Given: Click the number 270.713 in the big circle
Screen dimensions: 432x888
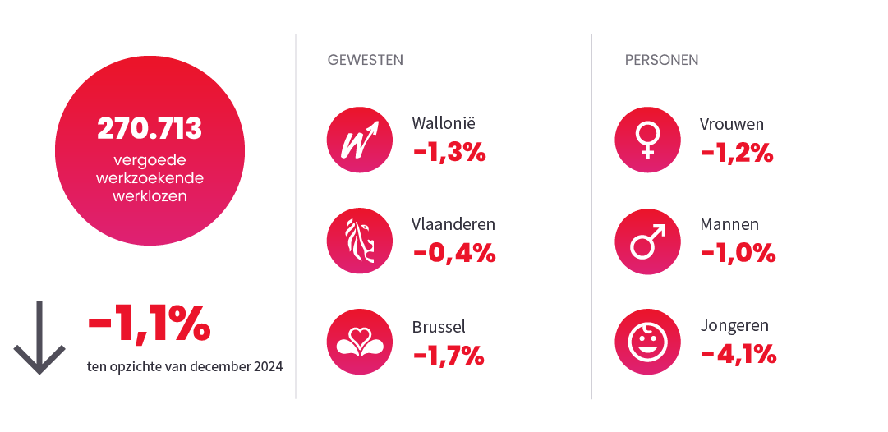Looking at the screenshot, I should (x=150, y=129).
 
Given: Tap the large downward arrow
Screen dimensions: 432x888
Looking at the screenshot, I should (x=39, y=338).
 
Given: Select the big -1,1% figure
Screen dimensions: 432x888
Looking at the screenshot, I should (x=149, y=325).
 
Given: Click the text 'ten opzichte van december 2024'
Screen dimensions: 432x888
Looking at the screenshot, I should (x=185, y=366).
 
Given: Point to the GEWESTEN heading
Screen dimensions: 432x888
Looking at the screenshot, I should (x=365, y=60).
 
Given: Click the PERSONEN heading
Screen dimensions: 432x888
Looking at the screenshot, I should (x=661, y=60).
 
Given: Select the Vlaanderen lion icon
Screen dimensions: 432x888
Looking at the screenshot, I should (x=359, y=241).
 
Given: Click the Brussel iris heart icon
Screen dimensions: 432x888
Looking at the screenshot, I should (x=359, y=342).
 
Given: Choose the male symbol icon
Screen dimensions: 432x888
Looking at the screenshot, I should (x=647, y=241).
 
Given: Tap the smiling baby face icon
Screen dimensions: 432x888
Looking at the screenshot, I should (x=647, y=342).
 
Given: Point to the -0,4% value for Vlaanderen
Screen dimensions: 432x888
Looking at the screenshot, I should (x=453, y=253).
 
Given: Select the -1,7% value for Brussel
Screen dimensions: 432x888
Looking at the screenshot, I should (x=448, y=355).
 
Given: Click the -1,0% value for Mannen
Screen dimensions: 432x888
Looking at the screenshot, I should (x=738, y=253).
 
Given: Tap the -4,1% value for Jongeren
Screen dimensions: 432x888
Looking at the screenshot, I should (x=738, y=355).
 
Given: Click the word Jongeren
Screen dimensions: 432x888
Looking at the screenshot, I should (x=734, y=326).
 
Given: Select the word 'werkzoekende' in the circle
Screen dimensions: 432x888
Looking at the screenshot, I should (x=150, y=178).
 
